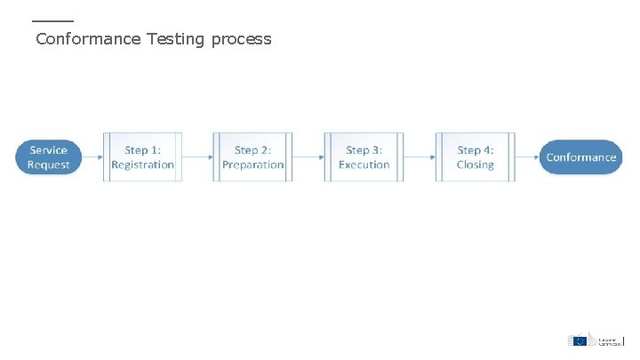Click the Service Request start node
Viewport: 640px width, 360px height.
pos(48,157)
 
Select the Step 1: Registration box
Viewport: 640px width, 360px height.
pos(142,157)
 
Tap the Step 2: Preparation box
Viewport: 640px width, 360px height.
pos(252,157)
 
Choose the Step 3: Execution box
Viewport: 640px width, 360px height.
pos(364,157)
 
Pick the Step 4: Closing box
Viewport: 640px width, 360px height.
pos(475,157)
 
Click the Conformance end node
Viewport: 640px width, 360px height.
pos(580,157)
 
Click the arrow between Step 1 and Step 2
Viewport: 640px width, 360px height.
pos(197,157)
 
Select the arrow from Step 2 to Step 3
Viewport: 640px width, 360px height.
pos(308,157)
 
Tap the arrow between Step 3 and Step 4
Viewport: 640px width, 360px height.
pos(420,157)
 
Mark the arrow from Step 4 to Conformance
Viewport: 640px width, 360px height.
pos(527,157)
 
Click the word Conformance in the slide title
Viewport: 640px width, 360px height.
pos(88,39)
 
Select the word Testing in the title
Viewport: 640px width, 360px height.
pos(176,40)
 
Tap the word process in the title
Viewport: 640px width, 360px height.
pos(241,40)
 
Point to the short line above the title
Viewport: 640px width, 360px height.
pos(52,20)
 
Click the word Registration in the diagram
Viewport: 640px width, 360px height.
pos(142,164)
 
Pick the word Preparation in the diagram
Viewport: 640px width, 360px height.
pos(252,164)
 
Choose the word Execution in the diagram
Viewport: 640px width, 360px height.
pos(364,164)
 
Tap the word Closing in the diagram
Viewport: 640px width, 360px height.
pos(475,164)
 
